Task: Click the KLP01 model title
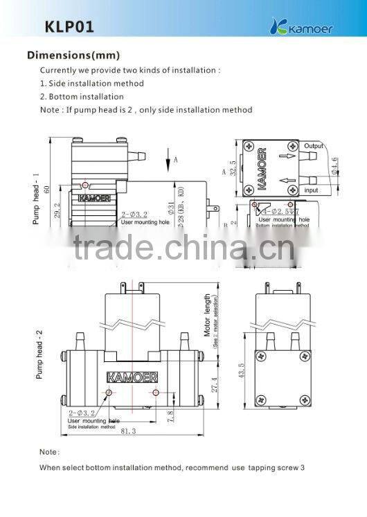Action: click(69, 27)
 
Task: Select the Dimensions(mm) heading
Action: click(73, 55)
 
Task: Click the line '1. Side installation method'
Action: click(91, 83)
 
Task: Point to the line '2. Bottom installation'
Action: click(82, 96)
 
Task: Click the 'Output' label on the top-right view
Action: click(314, 146)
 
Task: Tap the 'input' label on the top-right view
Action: click(312, 190)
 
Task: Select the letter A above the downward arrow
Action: click(176, 159)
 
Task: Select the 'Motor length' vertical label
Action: click(207, 315)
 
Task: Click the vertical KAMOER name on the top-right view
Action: click(261, 169)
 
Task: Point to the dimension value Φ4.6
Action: click(335, 167)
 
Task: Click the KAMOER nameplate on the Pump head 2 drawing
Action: click(132, 377)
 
